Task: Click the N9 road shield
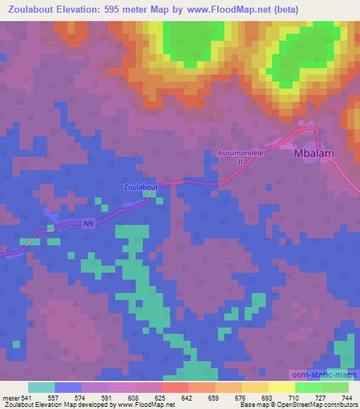[x=87, y=223]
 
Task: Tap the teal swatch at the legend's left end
[x=41, y=387]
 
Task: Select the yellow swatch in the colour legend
[x=281, y=387]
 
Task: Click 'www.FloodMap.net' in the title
[x=226, y=10]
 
